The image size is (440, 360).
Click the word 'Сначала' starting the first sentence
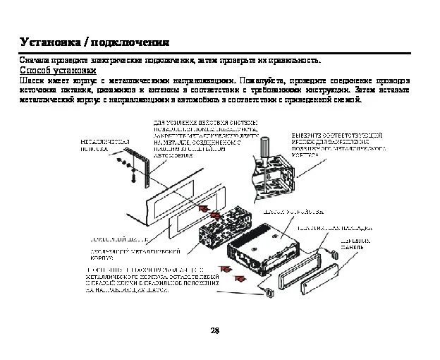click(33, 60)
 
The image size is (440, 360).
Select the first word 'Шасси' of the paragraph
click(31, 80)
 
